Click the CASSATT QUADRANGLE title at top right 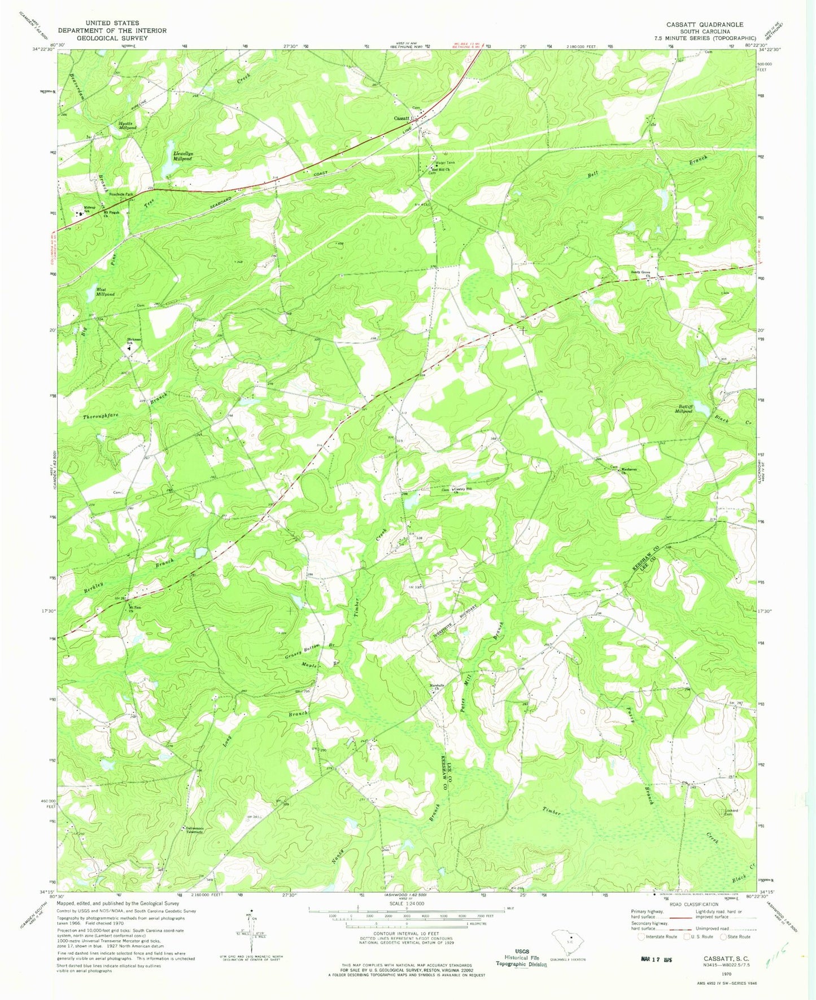[x=704, y=25]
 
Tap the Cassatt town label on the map [x=402, y=118]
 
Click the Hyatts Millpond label [x=128, y=126]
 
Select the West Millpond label [x=105, y=292]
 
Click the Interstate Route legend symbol [x=641, y=936]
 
